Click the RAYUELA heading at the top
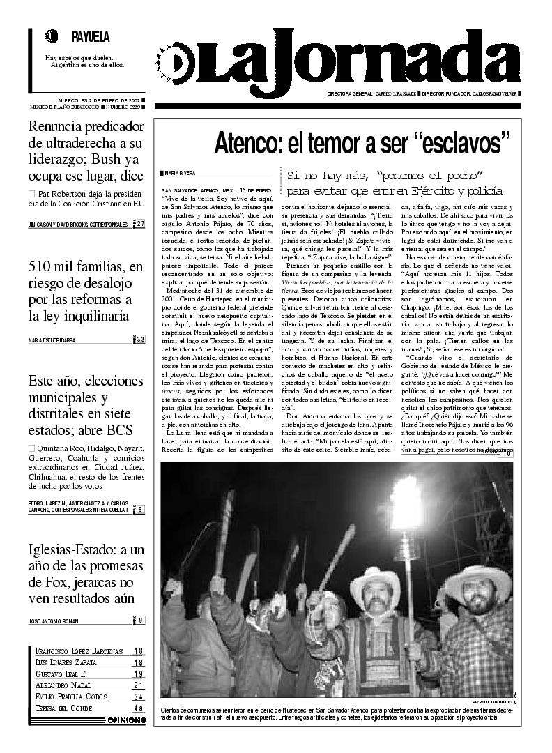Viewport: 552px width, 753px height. (x=91, y=36)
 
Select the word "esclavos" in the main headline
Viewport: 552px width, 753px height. (x=457, y=143)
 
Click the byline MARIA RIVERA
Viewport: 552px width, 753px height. (x=178, y=172)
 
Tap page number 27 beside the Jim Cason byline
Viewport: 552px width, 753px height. (x=140, y=224)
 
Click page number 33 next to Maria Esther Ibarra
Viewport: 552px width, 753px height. (x=140, y=340)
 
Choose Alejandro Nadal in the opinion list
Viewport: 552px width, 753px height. (x=63, y=685)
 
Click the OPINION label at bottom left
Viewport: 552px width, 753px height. (x=126, y=720)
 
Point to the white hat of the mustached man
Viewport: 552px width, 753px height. (x=376, y=580)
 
